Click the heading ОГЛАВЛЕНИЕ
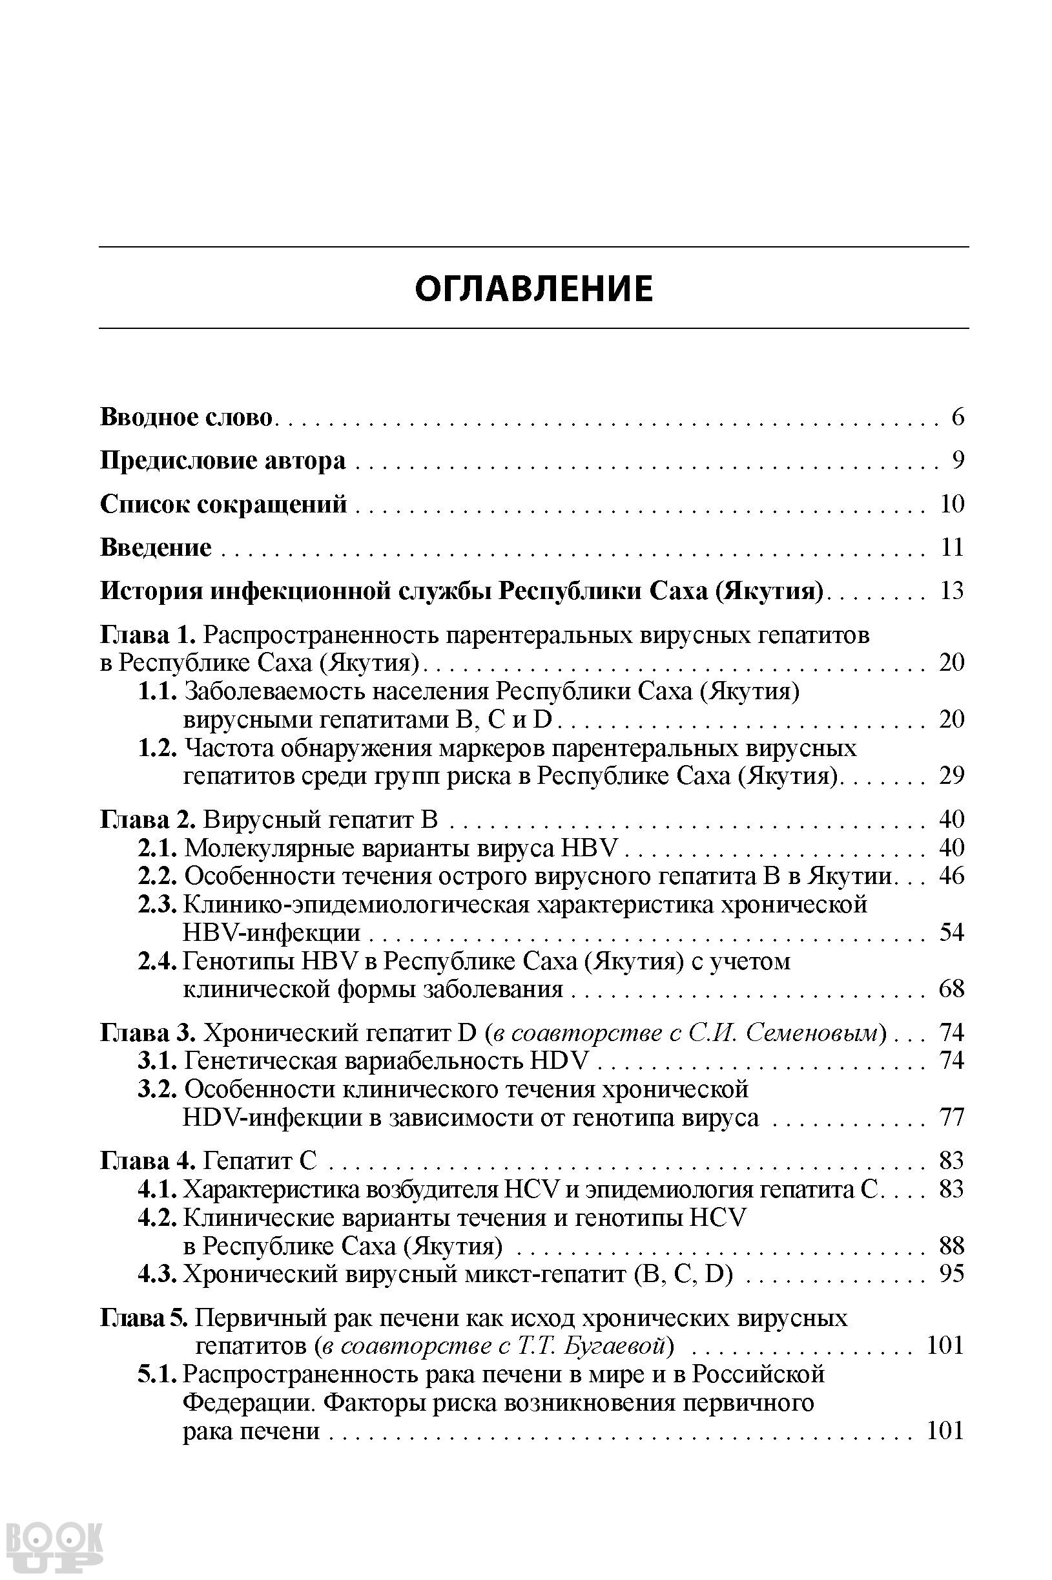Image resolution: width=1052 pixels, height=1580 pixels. click(x=533, y=289)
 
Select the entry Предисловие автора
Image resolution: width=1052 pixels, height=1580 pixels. click(x=223, y=461)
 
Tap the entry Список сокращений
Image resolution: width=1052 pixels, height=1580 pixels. click(x=223, y=504)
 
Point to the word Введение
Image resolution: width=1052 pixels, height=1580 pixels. click(x=156, y=548)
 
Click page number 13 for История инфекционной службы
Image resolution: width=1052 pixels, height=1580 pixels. click(x=952, y=591)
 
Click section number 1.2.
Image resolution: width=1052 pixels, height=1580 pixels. click(x=158, y=748)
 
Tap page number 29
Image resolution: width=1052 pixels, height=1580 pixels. click(x=952, y=776)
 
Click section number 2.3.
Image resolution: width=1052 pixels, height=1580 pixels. click(x=158, y=905)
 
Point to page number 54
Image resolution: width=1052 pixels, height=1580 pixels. click(x=952, y=932)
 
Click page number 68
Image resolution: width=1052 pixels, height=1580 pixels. click(x=952, y=989)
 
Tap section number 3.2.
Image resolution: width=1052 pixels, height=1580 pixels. click(x=158, y=1089)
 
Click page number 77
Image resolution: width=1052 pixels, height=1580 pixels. click(x=952, y=1117)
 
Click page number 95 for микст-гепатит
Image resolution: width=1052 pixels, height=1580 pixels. click(x=952, y=1273)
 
